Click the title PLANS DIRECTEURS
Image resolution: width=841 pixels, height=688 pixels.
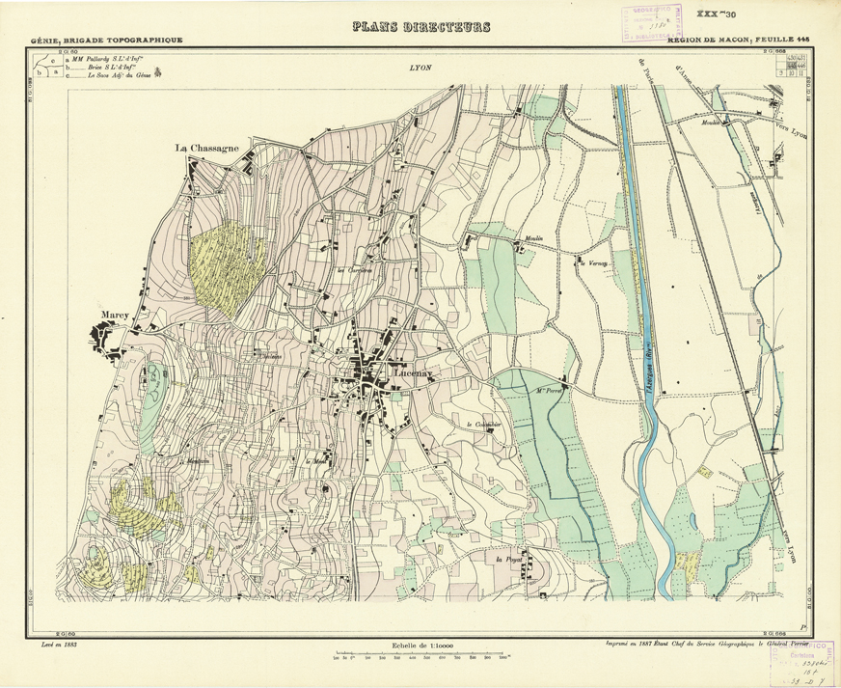pyautogui.click(x=420, y=27)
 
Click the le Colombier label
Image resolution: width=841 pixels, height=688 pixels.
pyautogui.click(x=479, y=425)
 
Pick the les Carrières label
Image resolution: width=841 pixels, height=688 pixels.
pyautogui.click(x=352, y=270)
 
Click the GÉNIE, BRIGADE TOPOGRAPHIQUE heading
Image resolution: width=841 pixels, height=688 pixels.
pyautogui.click(x=106, y=41)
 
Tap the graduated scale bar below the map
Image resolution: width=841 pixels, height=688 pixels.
pyautogui.click(x=421, y=659)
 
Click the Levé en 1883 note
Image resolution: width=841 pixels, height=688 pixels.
pyautogui.click(x=53, y=642)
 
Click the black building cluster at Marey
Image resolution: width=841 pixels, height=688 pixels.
pyautogui.click(x=104, y=339)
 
